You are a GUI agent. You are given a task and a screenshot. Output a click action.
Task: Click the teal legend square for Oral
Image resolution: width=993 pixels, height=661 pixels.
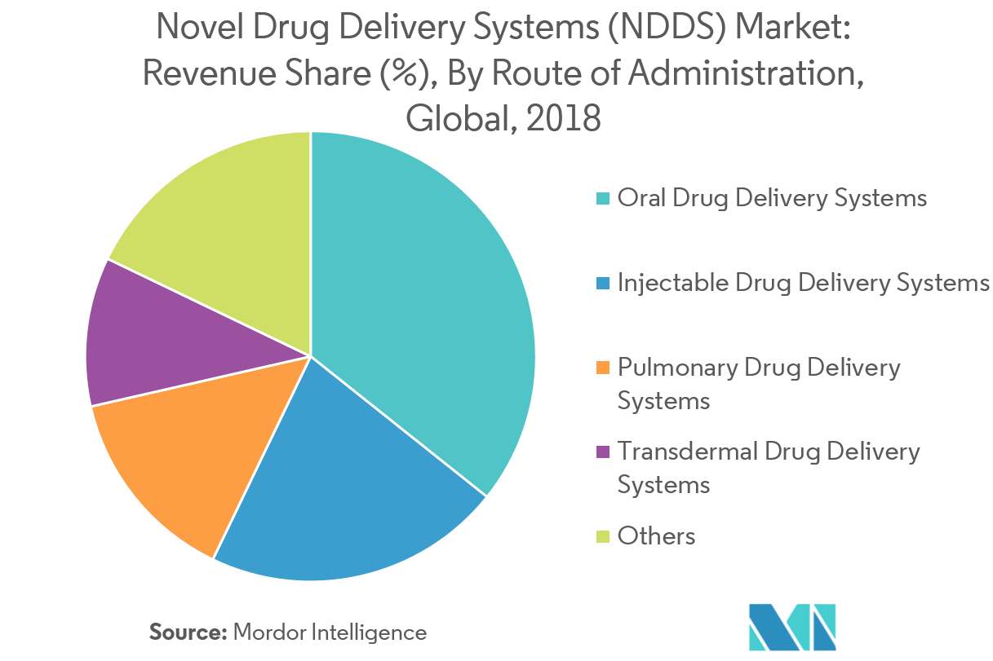603,199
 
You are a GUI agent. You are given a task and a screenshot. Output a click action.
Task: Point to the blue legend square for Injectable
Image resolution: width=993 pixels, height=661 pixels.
603,284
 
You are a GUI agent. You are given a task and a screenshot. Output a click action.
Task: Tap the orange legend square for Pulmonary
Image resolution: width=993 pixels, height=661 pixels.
603,368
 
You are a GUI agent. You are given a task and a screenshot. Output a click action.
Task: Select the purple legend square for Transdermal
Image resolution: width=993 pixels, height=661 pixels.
603,452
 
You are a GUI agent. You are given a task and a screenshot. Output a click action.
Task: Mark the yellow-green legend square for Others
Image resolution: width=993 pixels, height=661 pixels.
603,536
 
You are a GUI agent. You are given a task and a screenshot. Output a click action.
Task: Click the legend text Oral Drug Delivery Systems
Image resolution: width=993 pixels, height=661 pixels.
772,198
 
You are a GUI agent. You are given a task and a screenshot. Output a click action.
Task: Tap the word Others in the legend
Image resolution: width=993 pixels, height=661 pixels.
657,535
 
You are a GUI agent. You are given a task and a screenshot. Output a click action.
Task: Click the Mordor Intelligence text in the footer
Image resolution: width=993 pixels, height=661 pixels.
330,632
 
